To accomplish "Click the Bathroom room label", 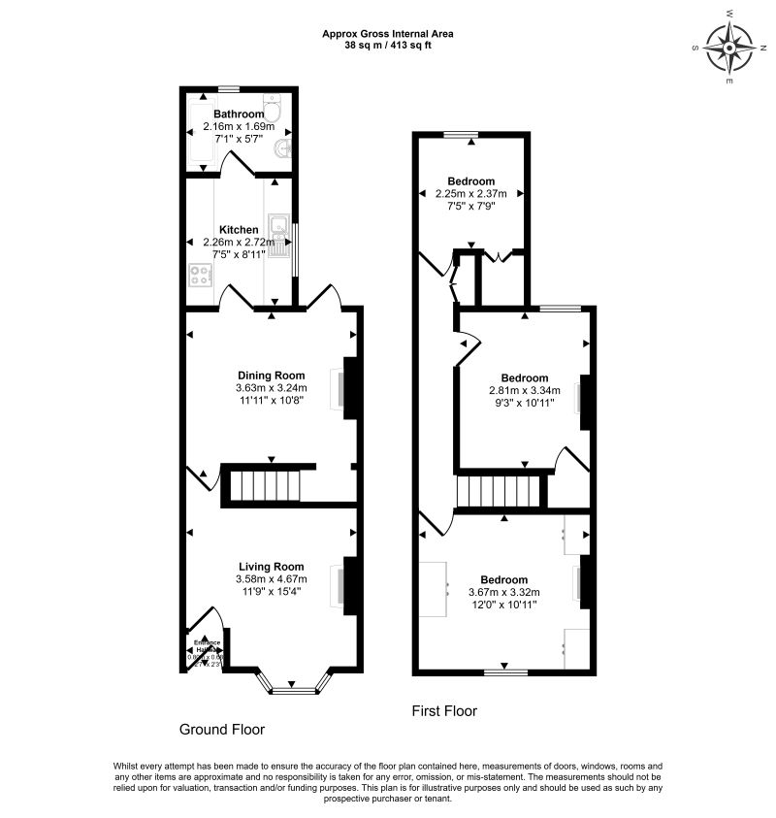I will (x=239, y=114).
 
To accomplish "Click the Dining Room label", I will (x=272, y=376).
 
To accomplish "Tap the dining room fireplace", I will (x=351, y=387).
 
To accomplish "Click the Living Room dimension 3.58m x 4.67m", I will (x=271, y=579).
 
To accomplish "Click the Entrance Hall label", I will (x=207, y=645).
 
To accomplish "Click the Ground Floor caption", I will (x=222, y=729).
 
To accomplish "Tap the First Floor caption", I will (x=444, y=711).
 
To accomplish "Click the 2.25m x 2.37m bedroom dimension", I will (x=471, y=193).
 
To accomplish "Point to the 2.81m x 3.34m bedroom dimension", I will (x=524, y=390).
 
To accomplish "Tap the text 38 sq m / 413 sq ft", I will (x=388, y=45).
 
